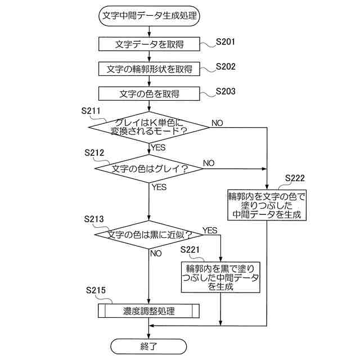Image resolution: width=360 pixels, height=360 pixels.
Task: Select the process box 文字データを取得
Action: pyautogui.click(x=149, y=44)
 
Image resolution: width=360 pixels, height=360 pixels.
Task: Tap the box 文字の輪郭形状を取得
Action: pyautogui.click(x=149, y=69)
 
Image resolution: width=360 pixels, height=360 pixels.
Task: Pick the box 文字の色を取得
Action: pyautogui.click(x=149, y=93)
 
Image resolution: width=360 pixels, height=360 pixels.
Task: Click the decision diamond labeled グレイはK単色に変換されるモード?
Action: pyautogui.click(x=149, y=127)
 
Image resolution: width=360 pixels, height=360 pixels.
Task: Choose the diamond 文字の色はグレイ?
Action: pyautogui.click(x=149, y=169)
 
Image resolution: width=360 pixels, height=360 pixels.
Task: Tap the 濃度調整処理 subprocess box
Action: pyautogui.click(x=149, y=311)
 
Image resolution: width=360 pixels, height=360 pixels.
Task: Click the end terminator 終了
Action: pyautogui.click(x=149, y=346)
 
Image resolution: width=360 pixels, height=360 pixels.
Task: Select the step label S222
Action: pyautogui.click(x=295, y=178)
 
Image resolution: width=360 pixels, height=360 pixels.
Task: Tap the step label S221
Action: pyautogui.click(x=191, y=249)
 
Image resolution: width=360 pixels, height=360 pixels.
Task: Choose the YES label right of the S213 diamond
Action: pyautogui.click(x=210, y=231)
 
